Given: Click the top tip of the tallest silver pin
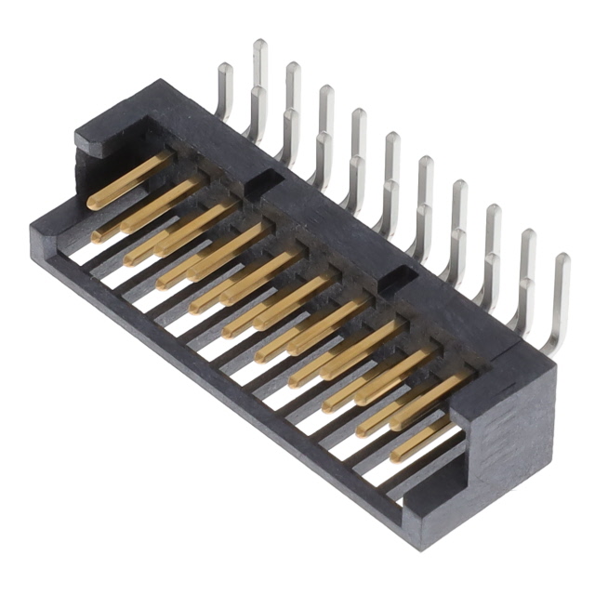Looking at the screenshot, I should click(260, 44).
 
